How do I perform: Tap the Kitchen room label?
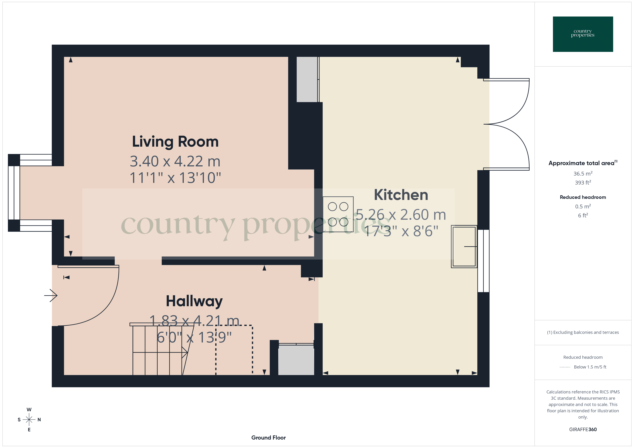pyautogui.click(x=401, y=195)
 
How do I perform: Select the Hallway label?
pyautogui.click(x=194, y=301)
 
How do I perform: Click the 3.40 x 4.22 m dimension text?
pyautogui.click(x=175, y=161)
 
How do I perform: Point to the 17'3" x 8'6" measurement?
pyautogui.click(x=401, y=231)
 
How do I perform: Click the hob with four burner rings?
pyautogui.click(x=338, y=214)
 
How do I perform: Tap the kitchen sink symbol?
pyautogui.click(x=464, y=246)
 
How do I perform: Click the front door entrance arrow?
pyautogui.click(x=51, y=295)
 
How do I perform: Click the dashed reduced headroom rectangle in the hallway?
pyautogui.click(x=234, y=350)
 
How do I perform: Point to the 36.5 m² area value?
pyautogui.click(x=583, y=174)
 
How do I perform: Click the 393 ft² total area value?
pyautogui.click(x=583, y=183)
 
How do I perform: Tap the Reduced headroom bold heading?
pyautogui.click(x=583, y=197)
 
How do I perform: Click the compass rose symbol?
pyautogui.click(x=29, y=420)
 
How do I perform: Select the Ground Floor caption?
pyautogui.click(x=268, y=438)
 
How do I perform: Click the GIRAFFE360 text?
pyautogui.click(x=583, y=430)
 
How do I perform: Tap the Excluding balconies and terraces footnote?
pyautogui.click(x=583, y=332)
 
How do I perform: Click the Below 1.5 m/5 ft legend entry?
pyautogui.click(x=590, y=367)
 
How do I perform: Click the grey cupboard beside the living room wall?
pyautogui.click(x=307, y=80)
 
